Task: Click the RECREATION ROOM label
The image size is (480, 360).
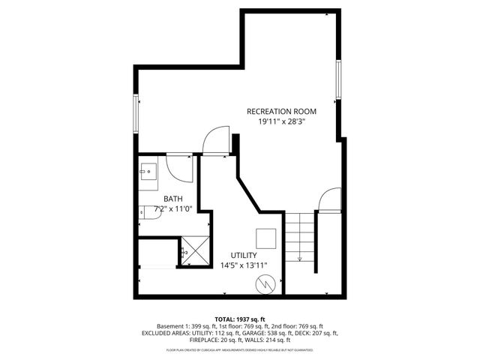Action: pos(282,111)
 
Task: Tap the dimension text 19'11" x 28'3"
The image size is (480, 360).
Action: pos(282,121)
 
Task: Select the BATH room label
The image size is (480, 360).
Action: pos(174,198)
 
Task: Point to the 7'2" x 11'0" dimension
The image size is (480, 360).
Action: pos(174,208)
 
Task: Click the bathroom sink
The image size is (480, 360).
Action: pos(148,172)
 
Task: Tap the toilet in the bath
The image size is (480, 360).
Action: pos(143,213)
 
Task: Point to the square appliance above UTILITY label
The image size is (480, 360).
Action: pos(266,238)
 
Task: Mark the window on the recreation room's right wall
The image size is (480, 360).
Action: pos(338,79)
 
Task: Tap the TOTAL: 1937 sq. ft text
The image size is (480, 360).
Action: pos(240,319)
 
